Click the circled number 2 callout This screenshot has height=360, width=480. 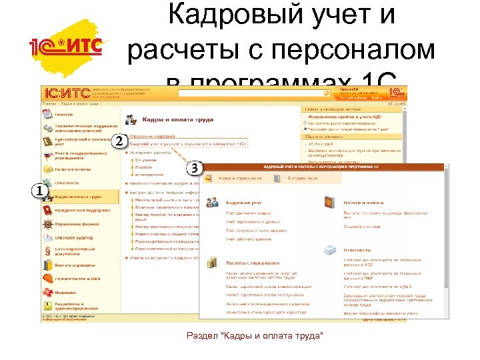pos(120,141)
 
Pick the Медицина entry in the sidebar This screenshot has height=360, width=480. pos(66,291)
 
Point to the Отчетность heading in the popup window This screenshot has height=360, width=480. pos(359,251)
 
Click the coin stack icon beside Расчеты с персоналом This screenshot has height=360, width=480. pos(213,263)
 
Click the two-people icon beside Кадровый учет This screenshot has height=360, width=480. pos(213,201)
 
